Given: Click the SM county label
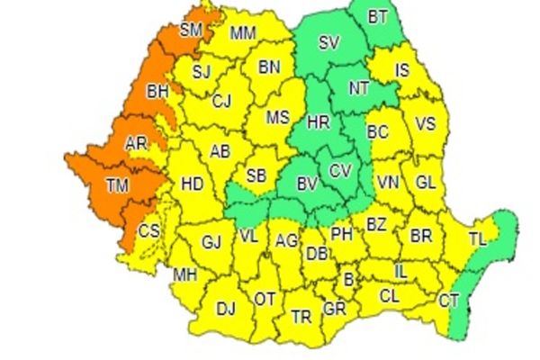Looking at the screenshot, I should pyautogui.click(x=191, y=30).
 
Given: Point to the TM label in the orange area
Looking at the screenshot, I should pyautogui.click(x=116, y=185).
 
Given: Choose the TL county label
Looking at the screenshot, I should pyautogui.click(x=478, y=239).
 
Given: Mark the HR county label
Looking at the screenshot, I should pyautogui.click(x=319, y=121).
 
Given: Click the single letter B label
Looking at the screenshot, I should pyautogui.click(x=348, y=280).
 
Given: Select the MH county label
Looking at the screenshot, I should pyautogui.click(x=185, y=274).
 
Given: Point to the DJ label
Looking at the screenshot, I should pyautogui.click(x=225, y=309).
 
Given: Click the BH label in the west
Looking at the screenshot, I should pyautogui.click(x=157, y=91).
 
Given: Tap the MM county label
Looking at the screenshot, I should pyautogui.click(x=242, y=33).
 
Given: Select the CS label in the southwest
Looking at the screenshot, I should pyautogui.click(x=148, y=231).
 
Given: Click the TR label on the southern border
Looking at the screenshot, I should pyautogui.click(x=301, y=316).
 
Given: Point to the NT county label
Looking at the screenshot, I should pyautogui.click(x=358, y=87).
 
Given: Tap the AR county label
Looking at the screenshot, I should pyautogui.click(x=136, y=144).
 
